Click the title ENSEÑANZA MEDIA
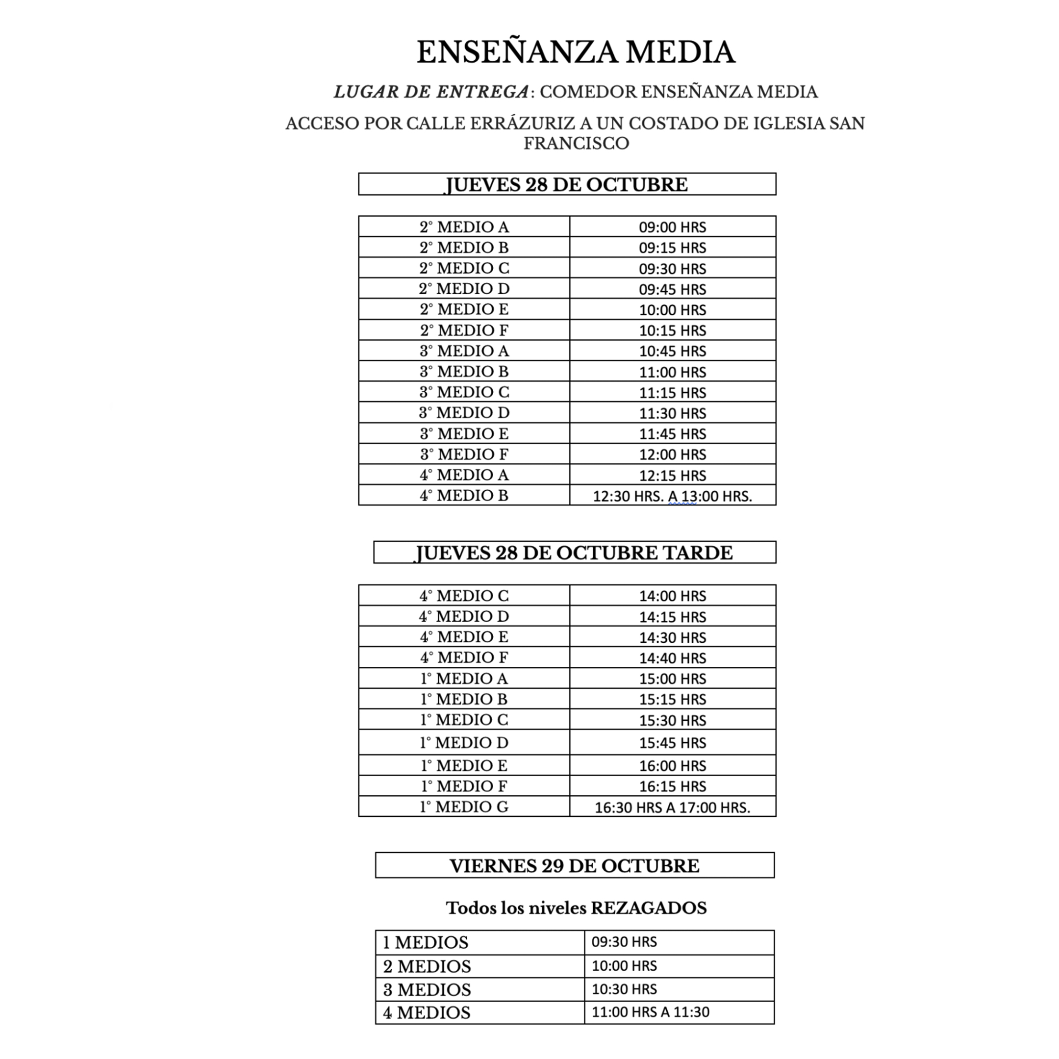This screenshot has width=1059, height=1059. (576, 52)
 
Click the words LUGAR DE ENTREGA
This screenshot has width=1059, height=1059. (431, 92)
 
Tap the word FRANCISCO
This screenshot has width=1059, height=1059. (576, 144)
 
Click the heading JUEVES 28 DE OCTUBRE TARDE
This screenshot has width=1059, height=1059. (574, 553)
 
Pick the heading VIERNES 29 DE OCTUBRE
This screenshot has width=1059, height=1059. (575, 866)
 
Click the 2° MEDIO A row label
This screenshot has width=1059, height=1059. (464, 227)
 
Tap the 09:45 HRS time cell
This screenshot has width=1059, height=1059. (673, 289)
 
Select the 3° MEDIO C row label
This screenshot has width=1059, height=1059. (464, 392)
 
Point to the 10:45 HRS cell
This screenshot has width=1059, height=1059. (673, 351)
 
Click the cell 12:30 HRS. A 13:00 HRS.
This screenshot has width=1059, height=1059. (673, 496)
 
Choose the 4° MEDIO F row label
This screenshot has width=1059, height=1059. (464, 658)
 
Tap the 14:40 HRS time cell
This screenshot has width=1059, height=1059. (673, 658)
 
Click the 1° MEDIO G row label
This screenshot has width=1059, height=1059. (464, 807)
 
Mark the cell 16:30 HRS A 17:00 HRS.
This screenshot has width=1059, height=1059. (673, 807)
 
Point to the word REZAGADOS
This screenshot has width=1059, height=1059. (649, 908)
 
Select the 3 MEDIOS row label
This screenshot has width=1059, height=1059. (427, 989)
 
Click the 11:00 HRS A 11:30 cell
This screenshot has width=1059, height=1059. (650, 1012)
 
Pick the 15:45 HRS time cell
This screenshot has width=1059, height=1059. (673, 743)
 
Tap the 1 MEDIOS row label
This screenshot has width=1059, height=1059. (426, 942)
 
